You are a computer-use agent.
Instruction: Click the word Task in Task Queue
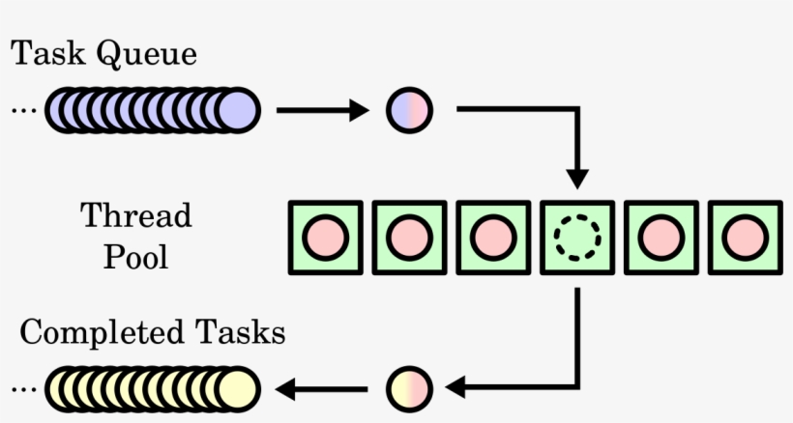47,55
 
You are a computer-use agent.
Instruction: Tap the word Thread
135,215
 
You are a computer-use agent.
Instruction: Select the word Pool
135,257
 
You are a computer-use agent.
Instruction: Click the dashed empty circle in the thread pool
576,236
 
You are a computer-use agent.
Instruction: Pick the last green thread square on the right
745,236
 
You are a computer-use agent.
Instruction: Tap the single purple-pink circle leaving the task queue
410,111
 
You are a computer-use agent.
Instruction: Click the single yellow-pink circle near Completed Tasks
410,389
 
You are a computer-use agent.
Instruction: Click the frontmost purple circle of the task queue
236,111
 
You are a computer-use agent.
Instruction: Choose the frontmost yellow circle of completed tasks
236,389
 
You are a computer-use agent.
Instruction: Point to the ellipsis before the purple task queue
21,111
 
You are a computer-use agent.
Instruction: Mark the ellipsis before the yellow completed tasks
21,389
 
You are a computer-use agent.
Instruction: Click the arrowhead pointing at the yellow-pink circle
455,389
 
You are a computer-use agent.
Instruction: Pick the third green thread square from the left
492,236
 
